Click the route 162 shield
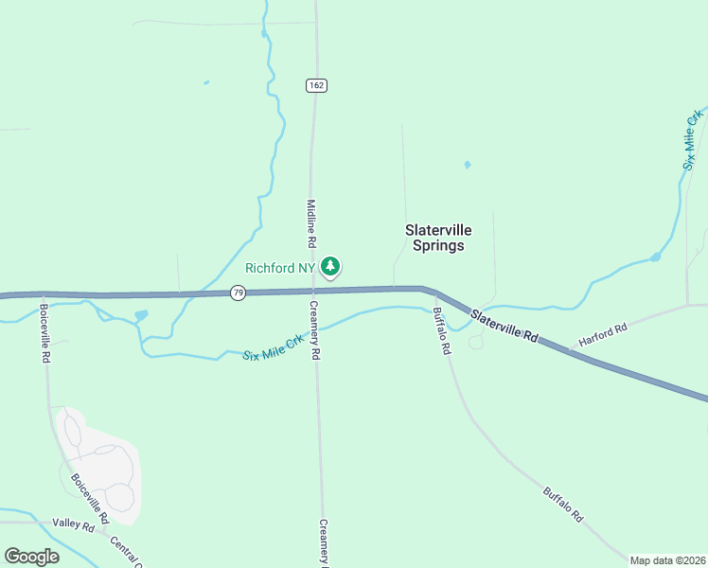tap(316, 85)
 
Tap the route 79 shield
tap(238, 293)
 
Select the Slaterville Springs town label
tap(438, 238)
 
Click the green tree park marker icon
tap(329, 267)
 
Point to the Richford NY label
tap(279, 268)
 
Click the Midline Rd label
tap(310, 223)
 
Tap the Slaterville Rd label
tap(504, 324)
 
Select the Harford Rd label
tap(603, 334)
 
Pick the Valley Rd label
tap(74, 524)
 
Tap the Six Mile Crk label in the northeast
tap(694, 139)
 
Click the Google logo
tap(31, 557)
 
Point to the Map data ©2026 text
tap(668, 560)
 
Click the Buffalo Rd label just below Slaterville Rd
tap(441, 331)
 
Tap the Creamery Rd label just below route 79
tap(316, 330)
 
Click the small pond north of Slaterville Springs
tap(467, 165)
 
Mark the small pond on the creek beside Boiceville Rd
tap(141, 315)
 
